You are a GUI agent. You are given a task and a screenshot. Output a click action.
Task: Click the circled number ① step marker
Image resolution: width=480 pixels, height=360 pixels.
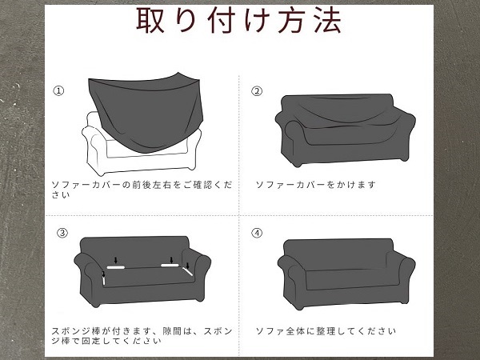(58, 91)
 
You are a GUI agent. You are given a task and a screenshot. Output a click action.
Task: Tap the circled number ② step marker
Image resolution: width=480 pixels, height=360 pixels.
(257, 91)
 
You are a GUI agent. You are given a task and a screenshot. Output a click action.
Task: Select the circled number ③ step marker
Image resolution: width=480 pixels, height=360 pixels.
(62, 233)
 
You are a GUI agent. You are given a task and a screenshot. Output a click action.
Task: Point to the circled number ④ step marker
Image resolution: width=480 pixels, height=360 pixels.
(257, 234)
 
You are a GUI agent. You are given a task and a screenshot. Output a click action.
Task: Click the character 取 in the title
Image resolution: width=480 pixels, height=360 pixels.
(150, 20)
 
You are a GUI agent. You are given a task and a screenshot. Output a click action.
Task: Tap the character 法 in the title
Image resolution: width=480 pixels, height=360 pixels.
(328, 20)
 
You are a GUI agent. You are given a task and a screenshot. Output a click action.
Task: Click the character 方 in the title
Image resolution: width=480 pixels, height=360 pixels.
(292, 20)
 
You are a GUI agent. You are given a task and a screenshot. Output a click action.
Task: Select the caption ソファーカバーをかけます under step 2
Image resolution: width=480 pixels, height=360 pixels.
(316, 185)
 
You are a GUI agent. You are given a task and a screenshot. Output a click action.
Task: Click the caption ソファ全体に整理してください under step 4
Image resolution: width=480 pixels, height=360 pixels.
(326, 331)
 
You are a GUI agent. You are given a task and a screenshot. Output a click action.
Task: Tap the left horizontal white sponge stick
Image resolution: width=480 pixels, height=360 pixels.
(116, 267)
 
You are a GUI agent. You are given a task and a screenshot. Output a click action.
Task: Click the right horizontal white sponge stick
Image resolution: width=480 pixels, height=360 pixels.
(170, 266)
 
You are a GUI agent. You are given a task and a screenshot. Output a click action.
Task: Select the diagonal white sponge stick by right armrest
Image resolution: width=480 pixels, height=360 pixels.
(187, 271)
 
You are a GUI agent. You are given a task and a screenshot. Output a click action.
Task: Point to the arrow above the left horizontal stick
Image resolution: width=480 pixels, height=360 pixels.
(115, 260)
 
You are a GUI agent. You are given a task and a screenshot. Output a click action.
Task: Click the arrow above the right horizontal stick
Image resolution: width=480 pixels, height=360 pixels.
(171, 260)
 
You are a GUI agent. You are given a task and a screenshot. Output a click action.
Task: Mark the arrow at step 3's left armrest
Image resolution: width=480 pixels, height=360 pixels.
(103, 274)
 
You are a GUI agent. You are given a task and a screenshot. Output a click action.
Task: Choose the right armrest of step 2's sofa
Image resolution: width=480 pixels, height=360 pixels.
(404, 134)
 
